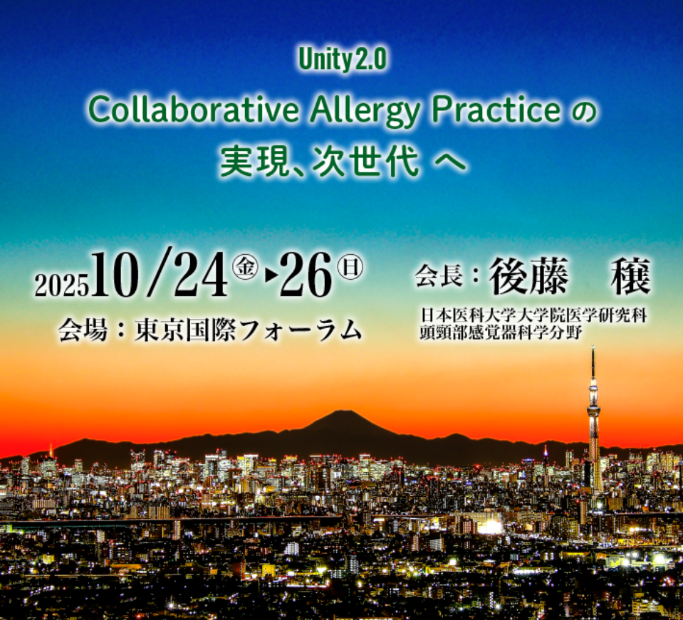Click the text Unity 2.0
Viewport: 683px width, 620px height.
[x=343, y=60]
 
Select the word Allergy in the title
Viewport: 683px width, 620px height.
[x=365, y=112]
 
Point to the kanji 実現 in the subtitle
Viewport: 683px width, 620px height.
[x=254, y=162]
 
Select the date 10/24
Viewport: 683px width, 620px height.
[x=159, y=274]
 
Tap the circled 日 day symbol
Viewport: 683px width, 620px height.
[x=350, y=268]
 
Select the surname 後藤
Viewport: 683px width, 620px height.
[x=528, y=276]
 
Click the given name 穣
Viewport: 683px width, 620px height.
[x=631, y=276]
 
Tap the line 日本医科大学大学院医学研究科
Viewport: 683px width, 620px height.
[x=533, y=315]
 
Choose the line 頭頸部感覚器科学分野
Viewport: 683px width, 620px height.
[x=501, y=332]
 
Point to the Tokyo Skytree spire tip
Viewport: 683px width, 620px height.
[x=593, y=347]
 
